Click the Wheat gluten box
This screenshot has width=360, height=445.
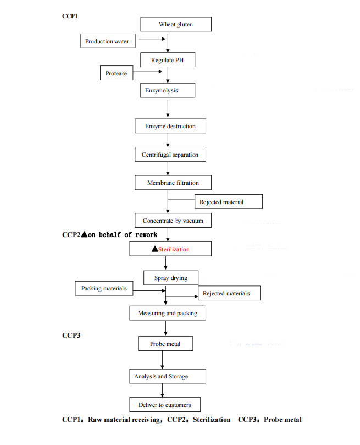click(x=175, y=25)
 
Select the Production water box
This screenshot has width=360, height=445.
click(x=107, y=41)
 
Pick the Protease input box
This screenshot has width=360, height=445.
click(x=117, y=73)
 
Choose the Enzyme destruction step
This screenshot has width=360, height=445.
click(x=170, y=126)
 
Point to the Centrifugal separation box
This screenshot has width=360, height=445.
click(x=170, y=155)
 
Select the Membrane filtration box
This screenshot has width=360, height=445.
click(x=173, y=183)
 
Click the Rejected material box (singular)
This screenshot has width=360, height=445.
click(x=229, y=202)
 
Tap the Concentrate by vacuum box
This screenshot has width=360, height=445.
click(x=173, y=221)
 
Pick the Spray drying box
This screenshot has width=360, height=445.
click(x=170, y=278)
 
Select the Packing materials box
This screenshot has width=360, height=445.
click(x=104, y=288)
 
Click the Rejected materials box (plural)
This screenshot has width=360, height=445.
click(x=229, y=293)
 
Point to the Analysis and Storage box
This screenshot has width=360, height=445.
click(x=161, y=376)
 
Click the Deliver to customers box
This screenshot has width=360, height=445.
click(x=164, y=405)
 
